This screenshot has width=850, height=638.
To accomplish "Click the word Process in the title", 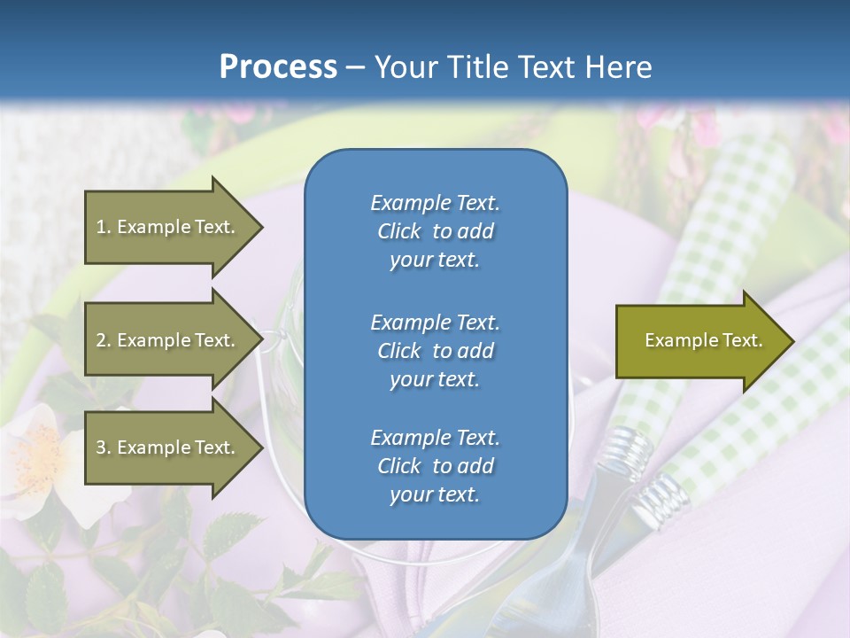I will pyautogui.click(x=278, y=67).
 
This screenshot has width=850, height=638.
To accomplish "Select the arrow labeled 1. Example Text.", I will pyautogui.click(x=168, y=227).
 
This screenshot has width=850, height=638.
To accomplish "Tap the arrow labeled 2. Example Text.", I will pyautogui.click(x=168, y=340).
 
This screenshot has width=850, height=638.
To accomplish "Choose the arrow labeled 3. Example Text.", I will pyautogui.click(x=168, y=447).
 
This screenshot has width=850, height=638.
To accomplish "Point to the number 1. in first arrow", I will pyautogui.click(x=104, y=227).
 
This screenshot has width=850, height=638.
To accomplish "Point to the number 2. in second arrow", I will pyautogui.click(x=104, y=340).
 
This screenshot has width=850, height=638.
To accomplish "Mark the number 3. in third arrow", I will pyautogui.click(x=104, y=447).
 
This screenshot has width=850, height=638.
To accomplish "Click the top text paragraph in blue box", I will pyautogui.click(x=435, y=231).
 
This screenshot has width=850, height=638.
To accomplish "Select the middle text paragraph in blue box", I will pyautogui.click(x=435, y=351).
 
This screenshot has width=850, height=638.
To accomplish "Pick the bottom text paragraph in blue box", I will pyautogui.click(x=435, y=466).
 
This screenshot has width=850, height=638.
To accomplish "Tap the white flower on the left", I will pyautogui.click(x=44, y=452).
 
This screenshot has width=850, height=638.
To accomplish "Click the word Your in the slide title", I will pyautogui.click(x=402, y=67).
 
